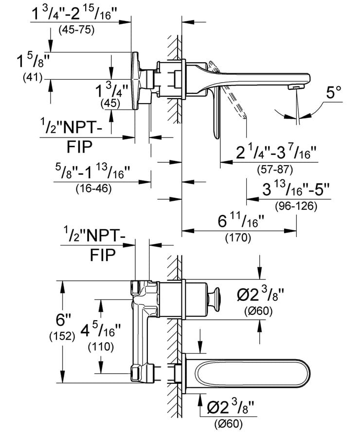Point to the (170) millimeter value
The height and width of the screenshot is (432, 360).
click(238, 238)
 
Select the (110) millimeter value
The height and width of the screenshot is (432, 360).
click(101, 347)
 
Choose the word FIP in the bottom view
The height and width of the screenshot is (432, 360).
click(103, 256)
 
